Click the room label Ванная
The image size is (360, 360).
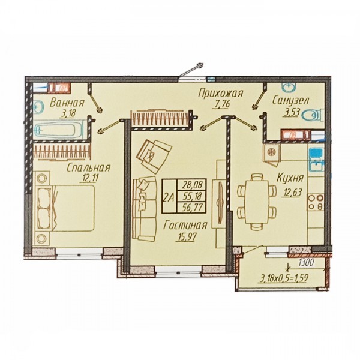[67, 103]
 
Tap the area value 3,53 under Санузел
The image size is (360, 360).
[290, 113]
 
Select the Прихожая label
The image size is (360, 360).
[221, 94]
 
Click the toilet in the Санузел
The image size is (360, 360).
[313, 115]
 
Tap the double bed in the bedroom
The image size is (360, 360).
[65, 208]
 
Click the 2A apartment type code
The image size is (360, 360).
[169, 197]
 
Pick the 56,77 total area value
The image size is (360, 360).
[191, 208]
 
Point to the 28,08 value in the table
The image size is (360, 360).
[192, 184]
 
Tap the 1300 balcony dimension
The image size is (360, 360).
[306, 263]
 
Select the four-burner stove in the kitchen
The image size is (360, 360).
[316, 202]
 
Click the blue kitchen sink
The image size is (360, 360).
[316, 160]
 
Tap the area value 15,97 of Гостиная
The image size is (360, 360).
[186, 236]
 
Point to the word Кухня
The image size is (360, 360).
[290, 178]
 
